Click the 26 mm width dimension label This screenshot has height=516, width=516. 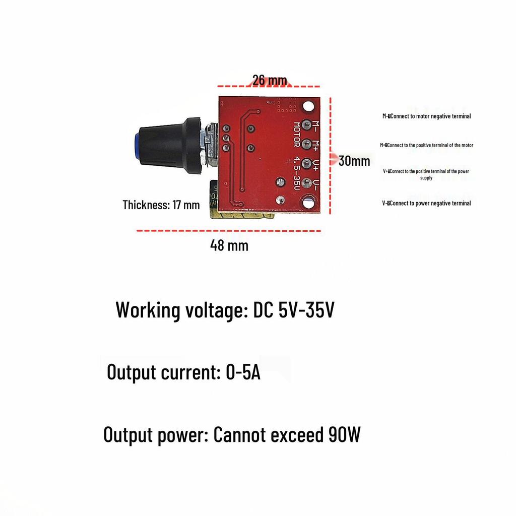coord(270,80)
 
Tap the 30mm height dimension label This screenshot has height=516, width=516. coord(354,161)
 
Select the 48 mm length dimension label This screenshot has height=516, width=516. coord(229,245)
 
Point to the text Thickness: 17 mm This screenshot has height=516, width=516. coord(161,205)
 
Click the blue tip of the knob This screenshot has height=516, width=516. coord(137,145)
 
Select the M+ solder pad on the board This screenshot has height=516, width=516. coord(307,144)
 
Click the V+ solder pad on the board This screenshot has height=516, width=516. coord(307,163)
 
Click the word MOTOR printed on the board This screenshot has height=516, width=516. coord(297,135)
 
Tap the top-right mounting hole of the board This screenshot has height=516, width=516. coord(309,106)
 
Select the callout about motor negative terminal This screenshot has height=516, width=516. coord(426,116)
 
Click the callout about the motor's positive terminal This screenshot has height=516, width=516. coord(426,145)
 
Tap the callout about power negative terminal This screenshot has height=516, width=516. coord(426,203)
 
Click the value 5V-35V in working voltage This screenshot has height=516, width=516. coord(306,310)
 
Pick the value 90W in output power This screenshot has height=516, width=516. coord(344,434)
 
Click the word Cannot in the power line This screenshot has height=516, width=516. coord(239,434)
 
